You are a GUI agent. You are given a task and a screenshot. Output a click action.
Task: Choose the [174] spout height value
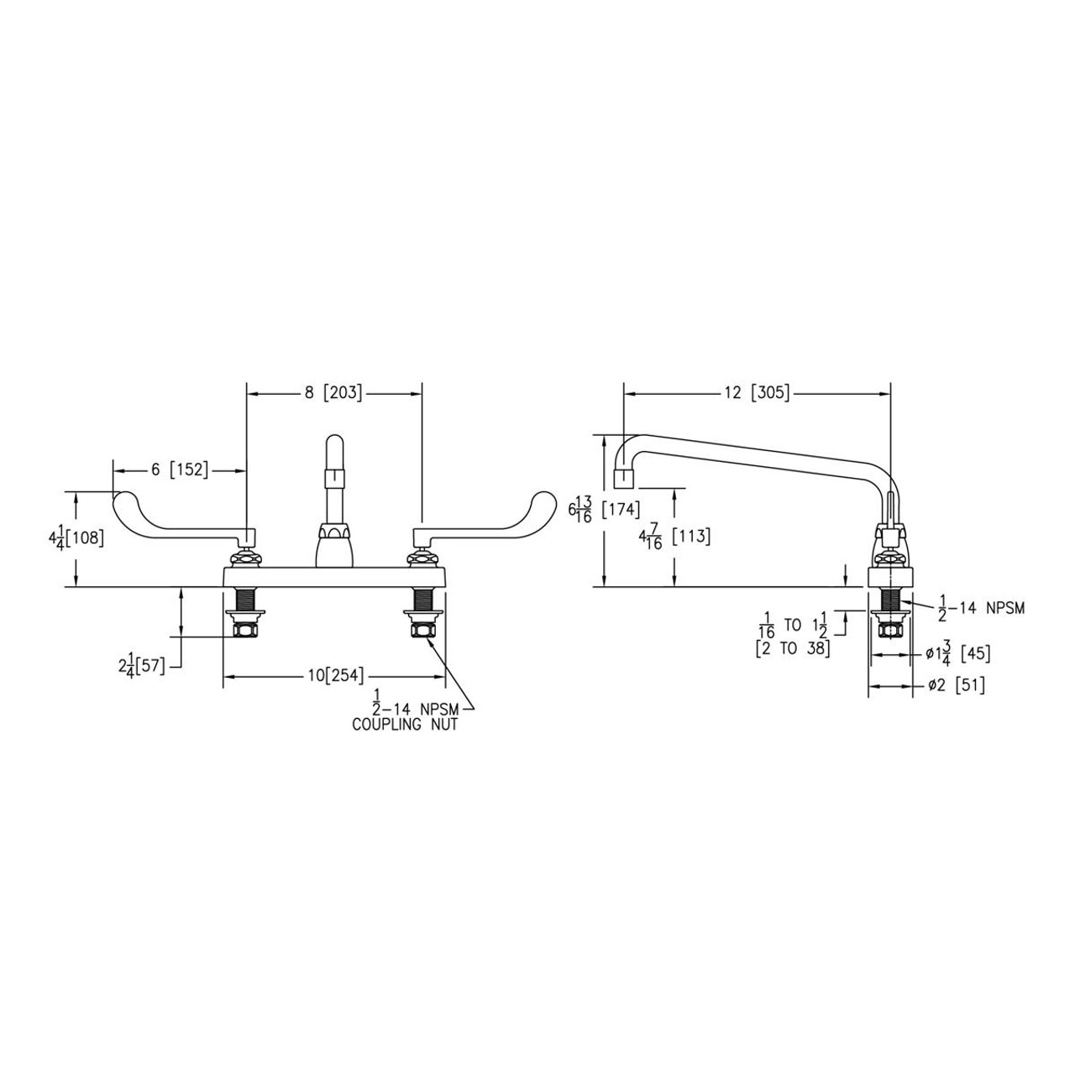coord(621,510)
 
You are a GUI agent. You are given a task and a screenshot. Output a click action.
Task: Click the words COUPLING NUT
coord(405,724)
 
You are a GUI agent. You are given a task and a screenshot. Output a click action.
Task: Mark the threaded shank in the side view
coord(889,600)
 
